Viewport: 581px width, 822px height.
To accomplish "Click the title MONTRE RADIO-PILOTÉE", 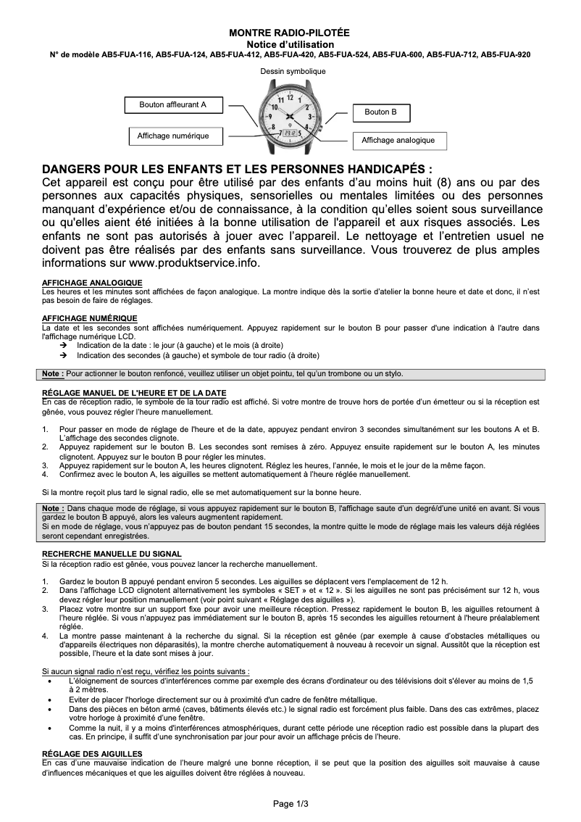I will pos(289,33).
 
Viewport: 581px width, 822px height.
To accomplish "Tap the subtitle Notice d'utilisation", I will pos(289,44).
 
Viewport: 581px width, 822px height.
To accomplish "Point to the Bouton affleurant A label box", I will pos(173,105).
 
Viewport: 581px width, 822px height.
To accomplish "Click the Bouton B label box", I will pos(380,112).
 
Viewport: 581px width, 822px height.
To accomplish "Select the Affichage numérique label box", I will pos(173,136).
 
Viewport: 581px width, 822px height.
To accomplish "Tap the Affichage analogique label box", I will pos(398,140).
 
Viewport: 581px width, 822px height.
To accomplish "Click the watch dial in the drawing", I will pos(292,115).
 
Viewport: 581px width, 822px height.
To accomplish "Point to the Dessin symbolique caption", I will pos(293,72).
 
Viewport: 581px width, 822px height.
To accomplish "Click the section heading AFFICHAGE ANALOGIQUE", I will pos(92,283).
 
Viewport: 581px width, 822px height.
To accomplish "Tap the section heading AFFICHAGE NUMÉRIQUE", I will pos(90,318).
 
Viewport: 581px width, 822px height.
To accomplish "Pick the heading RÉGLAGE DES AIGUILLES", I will pos(92,755).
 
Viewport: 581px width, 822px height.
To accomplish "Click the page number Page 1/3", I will pos(290,803).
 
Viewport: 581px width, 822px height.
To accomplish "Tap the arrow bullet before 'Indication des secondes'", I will pos(64,356).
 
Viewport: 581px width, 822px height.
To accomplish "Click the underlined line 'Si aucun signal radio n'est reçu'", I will pos(146,672).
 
